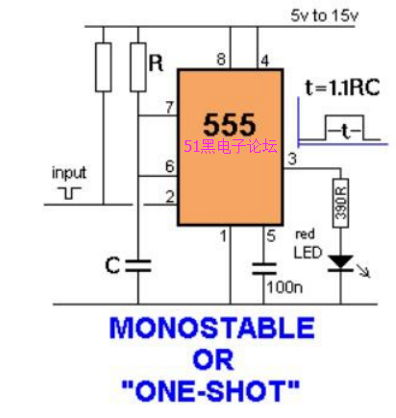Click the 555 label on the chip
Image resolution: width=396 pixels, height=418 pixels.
click(x=230, y=124)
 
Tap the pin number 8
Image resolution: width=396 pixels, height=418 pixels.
click(x=221, y=60)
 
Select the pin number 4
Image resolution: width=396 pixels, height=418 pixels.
click(x=264, y=61)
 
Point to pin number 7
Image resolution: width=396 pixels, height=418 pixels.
click(x=169, y=108)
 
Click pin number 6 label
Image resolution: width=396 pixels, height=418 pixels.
click(x=170, y=166)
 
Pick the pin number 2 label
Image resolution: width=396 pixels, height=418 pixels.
click(x=170, y=197)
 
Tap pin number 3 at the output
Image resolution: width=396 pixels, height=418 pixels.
click(x=292, y=159)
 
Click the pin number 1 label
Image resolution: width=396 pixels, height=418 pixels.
click(x=223, y=236)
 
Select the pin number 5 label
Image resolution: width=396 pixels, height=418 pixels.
click(x=271, y=236)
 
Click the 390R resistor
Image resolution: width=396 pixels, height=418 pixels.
click(x=340, y=203)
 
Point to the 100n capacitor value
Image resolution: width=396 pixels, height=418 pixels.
click(x=285, y=287)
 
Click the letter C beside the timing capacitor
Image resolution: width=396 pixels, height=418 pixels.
click(x=112, y=265)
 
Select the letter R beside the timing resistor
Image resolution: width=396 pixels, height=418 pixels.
click(x=156, y=63)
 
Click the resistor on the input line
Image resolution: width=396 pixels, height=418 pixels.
click(x=104, y=67)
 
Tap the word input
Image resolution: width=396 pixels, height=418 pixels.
click(x=69, y=173)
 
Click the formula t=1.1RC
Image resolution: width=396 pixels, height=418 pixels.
click(x=342, y=87)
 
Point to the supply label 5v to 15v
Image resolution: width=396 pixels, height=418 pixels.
click(x=324, y=15)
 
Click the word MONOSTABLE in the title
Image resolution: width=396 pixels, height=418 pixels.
click(x=211, y=328)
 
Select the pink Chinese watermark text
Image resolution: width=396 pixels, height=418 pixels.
click(x=231, y=147)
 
